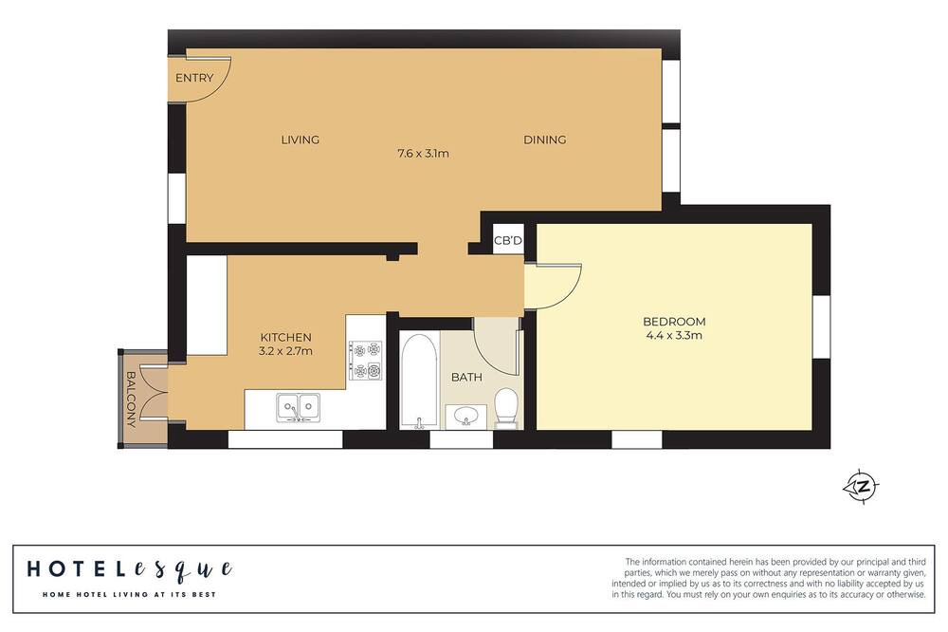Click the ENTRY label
(x=194, y=78)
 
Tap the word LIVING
(x=300, y=139)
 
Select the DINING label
(x=545, y=139)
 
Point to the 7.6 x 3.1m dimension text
(x=423, y=153)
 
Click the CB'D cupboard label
(x=508, y=241)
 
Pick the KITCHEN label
(x=286, y=337)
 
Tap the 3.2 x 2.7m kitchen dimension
(x=285, y=350)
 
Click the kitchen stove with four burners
(x=366, y=361)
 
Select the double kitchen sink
(x=298, y=407)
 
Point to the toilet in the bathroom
(x=506, y=407)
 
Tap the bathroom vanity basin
(x=465, y=417)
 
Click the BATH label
(x=466, y=377)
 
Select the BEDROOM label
(x=674, y=322)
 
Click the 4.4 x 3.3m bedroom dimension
(x=674, y=335)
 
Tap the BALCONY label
(x=131, y=400)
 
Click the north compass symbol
(x=862, y=486)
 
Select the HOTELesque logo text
(x=129, y=569)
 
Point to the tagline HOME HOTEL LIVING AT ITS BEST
(x=129, y=594)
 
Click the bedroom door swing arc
(x=572, y=292)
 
